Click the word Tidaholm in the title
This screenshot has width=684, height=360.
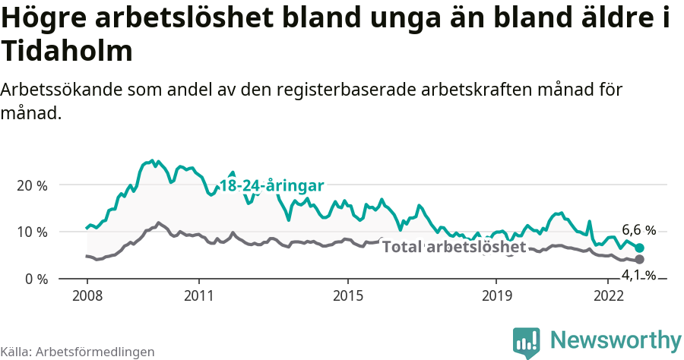[68, 52]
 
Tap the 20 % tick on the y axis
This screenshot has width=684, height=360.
[31, 185]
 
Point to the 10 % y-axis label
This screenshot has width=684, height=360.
[31, 232]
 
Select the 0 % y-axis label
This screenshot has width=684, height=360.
[35, 279]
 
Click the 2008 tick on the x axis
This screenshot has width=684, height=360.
[87, 294]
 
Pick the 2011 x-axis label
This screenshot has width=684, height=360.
[198, 294]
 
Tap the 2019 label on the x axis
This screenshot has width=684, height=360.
[496, 294]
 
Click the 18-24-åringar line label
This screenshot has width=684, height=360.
[271, 186]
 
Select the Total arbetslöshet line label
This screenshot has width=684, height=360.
[454, 248]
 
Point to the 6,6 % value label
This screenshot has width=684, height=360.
[638, 230]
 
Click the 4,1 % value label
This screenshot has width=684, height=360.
[638, 274]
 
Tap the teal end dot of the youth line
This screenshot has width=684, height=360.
[640, 248]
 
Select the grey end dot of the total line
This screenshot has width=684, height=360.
[640, 260]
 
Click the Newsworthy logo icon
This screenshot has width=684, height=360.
[527, 342]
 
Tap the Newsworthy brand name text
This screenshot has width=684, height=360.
[616, 339]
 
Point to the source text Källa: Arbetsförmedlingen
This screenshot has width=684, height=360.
[78, 352]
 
